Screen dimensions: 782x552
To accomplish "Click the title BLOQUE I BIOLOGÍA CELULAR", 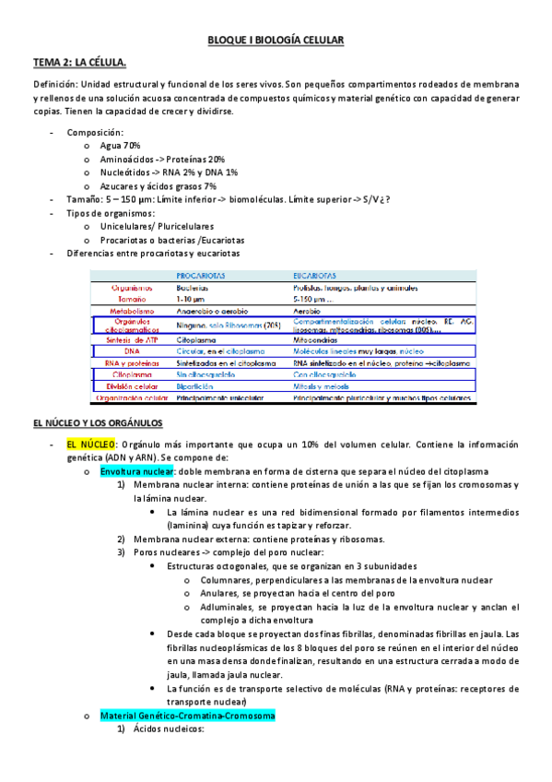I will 276,41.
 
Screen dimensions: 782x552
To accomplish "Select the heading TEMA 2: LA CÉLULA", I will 79,62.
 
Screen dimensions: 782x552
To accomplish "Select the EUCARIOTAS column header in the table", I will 314,275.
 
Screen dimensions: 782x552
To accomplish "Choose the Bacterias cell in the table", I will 194,288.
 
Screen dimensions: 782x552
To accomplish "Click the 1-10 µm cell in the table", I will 192,300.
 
